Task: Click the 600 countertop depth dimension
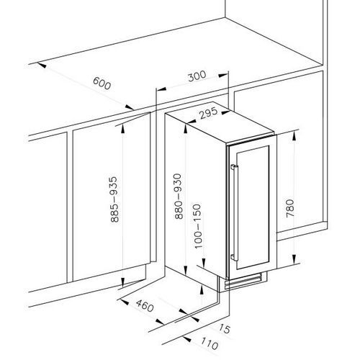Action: (102, 84)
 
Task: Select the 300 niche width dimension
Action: (197, 76)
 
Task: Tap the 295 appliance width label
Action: (209, 113)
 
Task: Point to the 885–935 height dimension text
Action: (114, 199)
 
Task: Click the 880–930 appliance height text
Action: (179, 197)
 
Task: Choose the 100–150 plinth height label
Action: (197, 226)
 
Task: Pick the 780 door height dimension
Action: (290, 208)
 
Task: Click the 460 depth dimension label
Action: (145, 305)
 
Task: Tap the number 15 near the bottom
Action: (225, 328)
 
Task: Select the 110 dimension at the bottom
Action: (210, 343)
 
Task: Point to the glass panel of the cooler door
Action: (252, 207)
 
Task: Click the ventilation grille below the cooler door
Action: (243, 282)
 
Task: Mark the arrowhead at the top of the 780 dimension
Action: (294, 136)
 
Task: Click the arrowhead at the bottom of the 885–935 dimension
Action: (122, 282)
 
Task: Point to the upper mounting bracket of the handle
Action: (233, 166)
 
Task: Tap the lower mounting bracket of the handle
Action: (233, 257)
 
